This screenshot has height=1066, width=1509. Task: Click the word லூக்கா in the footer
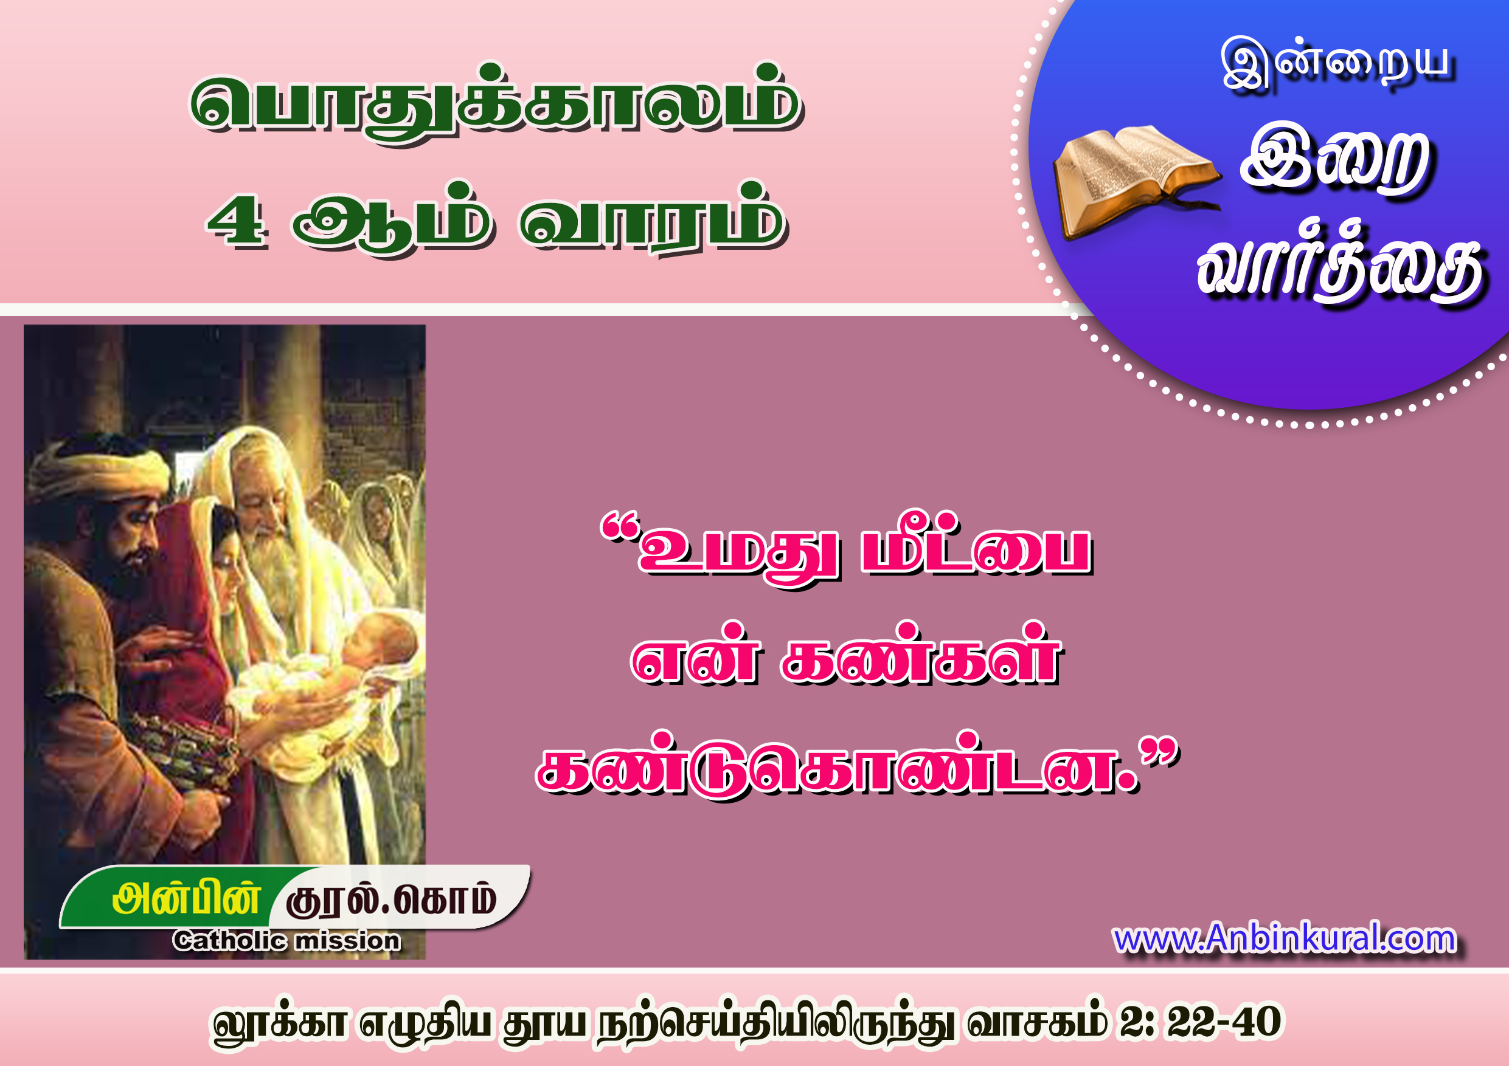click(279, 1023)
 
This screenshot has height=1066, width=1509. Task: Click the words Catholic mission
click(286, 941)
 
